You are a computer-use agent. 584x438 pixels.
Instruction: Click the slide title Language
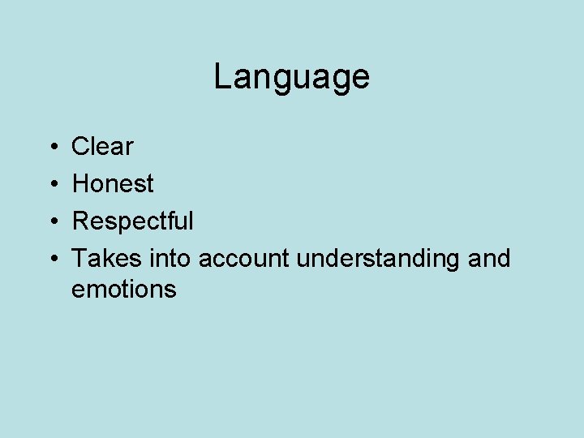point(291,78)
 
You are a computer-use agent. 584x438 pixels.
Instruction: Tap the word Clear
point(102,147)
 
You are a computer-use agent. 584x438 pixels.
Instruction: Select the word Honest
point(113,184)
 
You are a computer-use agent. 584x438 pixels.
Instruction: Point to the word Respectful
point(133,221)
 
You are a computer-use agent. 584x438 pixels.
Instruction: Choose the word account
point(244,260)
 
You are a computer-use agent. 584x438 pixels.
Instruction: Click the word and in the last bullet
point(490,259)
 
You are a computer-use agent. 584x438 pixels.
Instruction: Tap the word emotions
point(123,290)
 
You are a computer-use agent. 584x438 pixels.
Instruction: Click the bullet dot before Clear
point(51,148)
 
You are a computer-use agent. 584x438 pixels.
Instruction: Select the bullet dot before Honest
point(51,185)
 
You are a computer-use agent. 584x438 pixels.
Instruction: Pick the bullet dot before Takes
point(51,260)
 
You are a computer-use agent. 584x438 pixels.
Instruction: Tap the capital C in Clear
point(80,147)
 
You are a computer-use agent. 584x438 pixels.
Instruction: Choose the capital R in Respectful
point(80,221)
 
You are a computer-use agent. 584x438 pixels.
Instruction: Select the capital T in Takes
point(79,259)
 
